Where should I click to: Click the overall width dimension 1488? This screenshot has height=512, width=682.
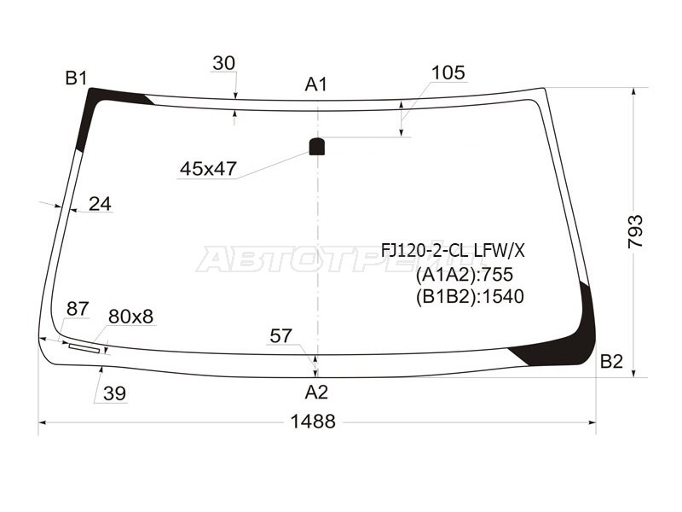(313, 422)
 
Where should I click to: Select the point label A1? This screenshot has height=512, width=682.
(316, 84)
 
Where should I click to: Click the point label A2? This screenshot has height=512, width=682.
(316, 393)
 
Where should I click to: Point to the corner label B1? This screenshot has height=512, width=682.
(77, 79)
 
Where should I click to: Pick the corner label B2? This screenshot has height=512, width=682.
(610, 361)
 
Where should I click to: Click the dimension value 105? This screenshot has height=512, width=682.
(448, 73)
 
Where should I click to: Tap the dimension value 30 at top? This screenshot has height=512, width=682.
(224, 63)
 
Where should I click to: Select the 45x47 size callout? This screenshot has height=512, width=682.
(207, 169)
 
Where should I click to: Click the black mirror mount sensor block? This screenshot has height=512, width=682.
(316, 146)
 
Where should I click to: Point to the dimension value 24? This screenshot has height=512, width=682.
(100, 204)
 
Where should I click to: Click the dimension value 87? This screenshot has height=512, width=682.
(77, 309)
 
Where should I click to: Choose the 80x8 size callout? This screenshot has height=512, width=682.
(130, 317)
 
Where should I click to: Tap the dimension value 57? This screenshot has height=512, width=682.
(281, 336)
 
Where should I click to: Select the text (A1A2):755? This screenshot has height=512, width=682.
(464, 274)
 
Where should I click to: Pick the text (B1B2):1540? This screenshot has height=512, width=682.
(469, 296)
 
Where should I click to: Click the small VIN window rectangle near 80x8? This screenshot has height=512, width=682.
(84, 347)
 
